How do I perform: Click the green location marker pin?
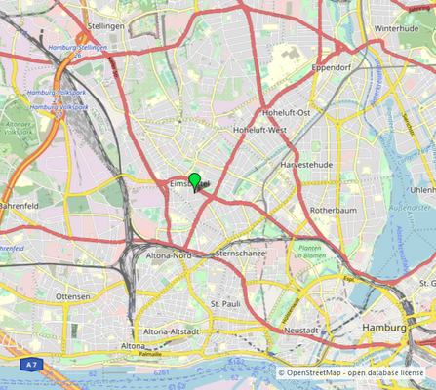coord(195,181)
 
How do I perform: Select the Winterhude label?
coord(395,29)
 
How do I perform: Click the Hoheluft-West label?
coord(260,130)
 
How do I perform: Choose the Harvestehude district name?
coord(307,166)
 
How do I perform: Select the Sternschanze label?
coord(240,253)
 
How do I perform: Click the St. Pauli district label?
coord(225,304)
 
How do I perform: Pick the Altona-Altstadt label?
coord(172,331)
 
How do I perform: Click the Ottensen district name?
coord(73,296)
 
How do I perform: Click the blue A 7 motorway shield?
coord(32,364)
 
